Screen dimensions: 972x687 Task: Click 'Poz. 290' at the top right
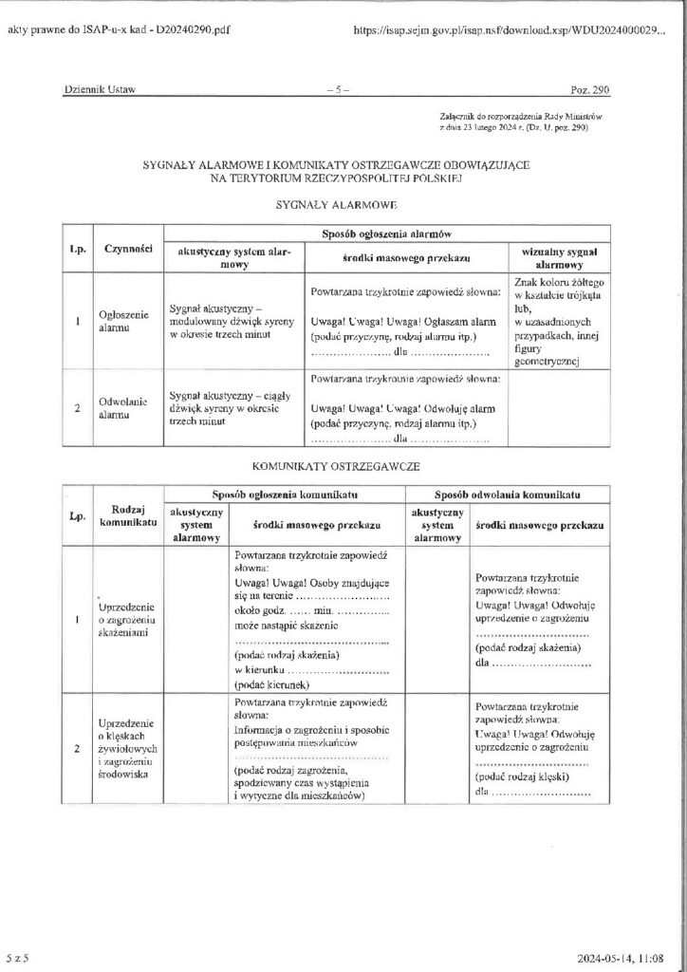[x=589, y=90]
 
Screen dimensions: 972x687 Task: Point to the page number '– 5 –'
[x=337, y=90]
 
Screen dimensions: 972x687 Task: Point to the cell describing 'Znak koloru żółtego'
[x=557, y=322]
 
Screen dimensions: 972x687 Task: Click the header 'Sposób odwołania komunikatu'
[x=507, y=495]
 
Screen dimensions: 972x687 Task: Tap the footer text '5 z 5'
[x=19, y=961]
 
